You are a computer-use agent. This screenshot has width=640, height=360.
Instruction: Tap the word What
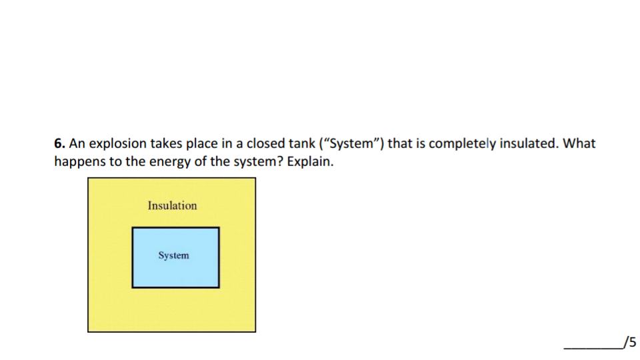[579, 143]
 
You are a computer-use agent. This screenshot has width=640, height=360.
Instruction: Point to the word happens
[79, 162]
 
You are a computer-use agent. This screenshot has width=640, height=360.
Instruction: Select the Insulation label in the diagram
[172, 205]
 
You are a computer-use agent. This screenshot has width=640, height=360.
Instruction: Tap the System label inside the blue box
[173, 255]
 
